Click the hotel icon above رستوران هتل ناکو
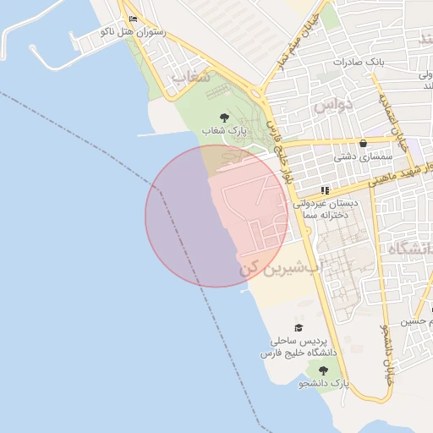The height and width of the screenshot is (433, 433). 133,19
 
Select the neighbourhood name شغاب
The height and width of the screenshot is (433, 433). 189,77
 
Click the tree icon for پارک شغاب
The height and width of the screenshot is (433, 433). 223,118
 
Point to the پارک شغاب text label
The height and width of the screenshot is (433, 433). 223,130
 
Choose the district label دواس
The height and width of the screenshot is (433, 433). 332,106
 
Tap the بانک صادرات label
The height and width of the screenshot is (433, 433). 359,63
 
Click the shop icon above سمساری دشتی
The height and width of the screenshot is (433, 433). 364,144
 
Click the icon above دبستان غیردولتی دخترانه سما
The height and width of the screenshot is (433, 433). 326,191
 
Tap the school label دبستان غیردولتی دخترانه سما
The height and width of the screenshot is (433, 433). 326,210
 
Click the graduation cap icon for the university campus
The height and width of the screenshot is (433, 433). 298,327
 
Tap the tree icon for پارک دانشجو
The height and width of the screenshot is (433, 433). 322,370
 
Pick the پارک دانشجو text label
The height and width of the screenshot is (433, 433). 322,383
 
